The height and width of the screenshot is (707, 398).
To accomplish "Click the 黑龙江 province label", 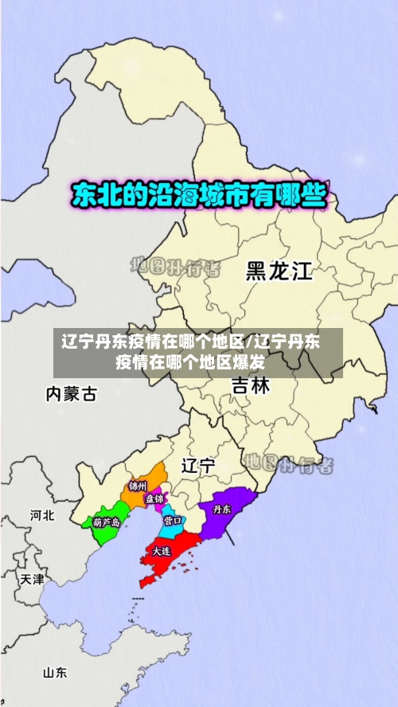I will (x=279, y=271).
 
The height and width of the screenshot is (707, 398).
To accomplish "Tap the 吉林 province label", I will (x=251, y=387).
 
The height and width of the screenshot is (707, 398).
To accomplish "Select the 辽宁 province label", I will (x=198, y=466).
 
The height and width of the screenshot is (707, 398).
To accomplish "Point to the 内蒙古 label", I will (x=72, y=393).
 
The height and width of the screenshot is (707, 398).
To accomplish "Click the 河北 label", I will (x=42, y=515).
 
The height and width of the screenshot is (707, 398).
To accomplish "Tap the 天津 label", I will (x=33, y=579).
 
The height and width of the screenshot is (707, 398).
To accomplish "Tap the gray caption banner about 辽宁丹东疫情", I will (x=198, y=353).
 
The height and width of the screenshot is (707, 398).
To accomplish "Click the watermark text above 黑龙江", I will (x=174, y=267).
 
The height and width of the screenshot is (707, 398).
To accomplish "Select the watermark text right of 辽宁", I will (x=288, y=463).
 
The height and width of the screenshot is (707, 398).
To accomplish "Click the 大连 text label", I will (x=162, y=551).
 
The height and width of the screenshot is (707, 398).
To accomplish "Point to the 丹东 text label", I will (x=220, y=508).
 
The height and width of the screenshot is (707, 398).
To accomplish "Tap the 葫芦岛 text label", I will (x=106, y=522).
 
